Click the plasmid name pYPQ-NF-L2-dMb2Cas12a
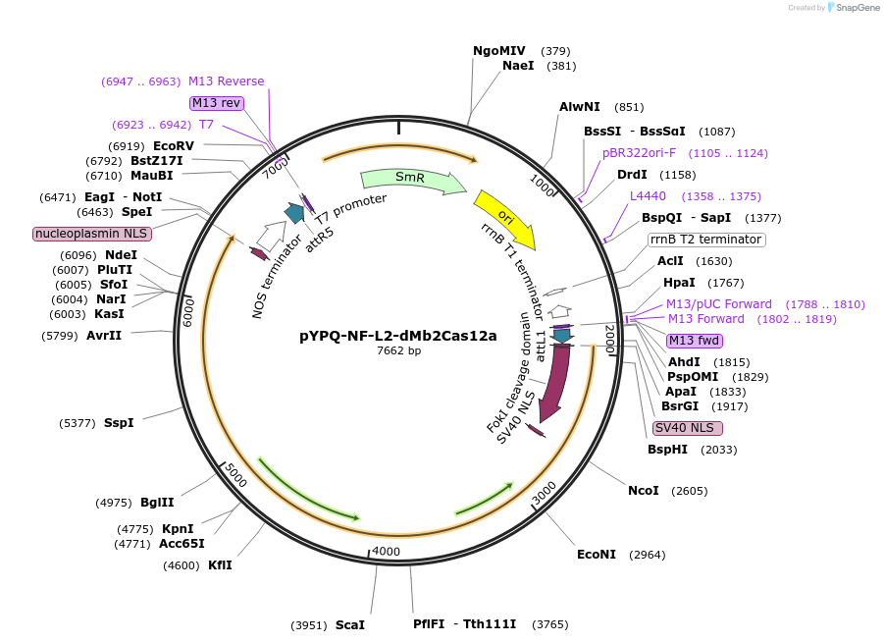pos(397,335)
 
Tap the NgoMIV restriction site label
pos(499,51)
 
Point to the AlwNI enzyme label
pos(580,107)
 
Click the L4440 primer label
pos(648,196)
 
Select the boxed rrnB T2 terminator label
pos(706,240)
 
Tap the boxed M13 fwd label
pos(694,341)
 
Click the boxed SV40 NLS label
pos(687,428)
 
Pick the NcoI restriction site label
pos(644,491)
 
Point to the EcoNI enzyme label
pos(597,555)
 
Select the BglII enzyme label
pos(157,503)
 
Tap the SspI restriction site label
pos(119,423)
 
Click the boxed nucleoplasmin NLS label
pos(91,234)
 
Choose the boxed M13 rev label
pos(216,103)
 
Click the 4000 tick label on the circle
pos(387,552)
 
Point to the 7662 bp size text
pos(398,350)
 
